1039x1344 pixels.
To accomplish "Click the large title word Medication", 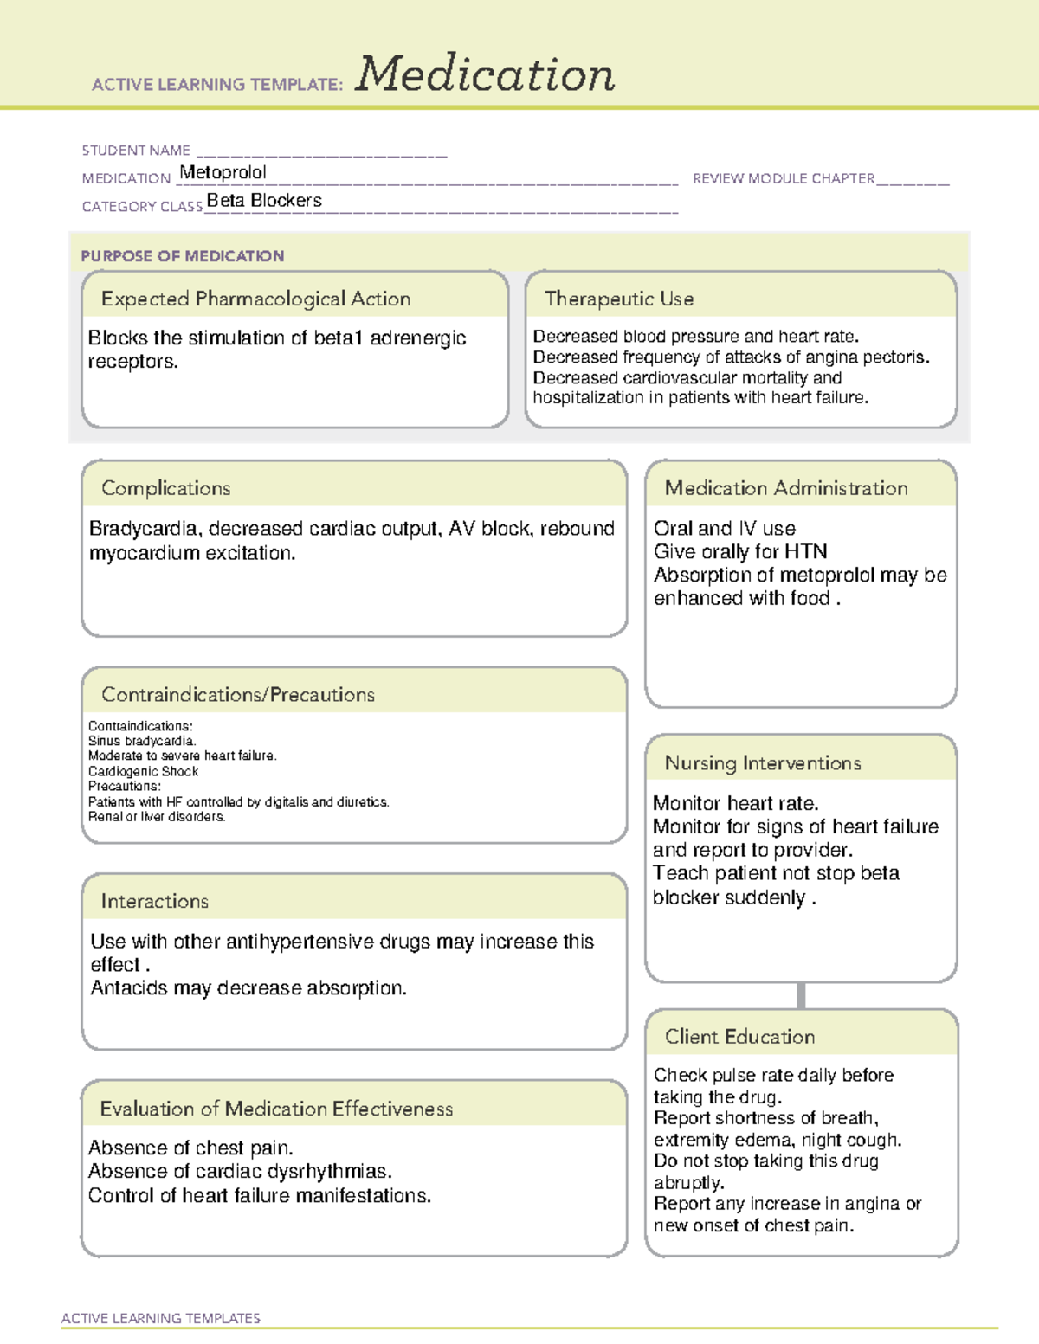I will tap(485, 74).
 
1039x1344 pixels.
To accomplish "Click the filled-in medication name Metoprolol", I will tap(223, 172).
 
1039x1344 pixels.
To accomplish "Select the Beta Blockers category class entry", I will tap(264, 201).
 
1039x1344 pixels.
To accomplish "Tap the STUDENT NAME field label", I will tap(136, 151).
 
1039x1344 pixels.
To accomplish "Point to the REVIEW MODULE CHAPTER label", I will tap(784, 178).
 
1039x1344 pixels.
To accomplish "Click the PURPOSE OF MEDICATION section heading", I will tap(182, 256).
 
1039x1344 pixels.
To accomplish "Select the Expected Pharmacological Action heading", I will tap(255, 299).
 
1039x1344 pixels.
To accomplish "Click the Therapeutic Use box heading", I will tap(618, 299).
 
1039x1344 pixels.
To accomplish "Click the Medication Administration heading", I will tap(785, 488).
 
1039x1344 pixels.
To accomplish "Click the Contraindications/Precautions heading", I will tap(237, 694).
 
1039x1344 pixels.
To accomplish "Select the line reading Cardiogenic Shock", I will tap(143, 771).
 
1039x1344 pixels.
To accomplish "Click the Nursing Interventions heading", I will tap(762, 763).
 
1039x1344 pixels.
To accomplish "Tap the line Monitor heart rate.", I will tap(735, 803).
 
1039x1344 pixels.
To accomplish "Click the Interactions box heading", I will tap(154, 901).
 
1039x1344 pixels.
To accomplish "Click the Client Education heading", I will tap(739, 1037).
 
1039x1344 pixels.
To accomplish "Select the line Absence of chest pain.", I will tap(190, 1148).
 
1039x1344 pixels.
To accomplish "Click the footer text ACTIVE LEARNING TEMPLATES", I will tap(160, 1318).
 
